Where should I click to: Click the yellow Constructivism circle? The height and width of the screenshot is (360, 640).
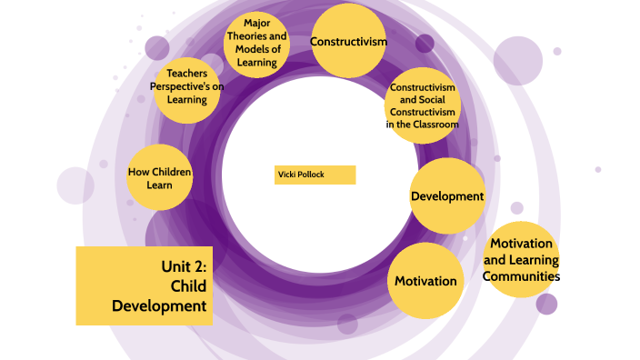pyautogui.click(x=349, y=41)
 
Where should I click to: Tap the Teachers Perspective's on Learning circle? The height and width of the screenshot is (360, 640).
pyautogui.click(x=187, y=88)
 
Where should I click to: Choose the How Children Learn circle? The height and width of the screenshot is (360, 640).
pyautogui.click(x=161, y=178)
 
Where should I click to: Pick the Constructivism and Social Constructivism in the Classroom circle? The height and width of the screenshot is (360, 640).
pyautogui.click(x=422, y=106)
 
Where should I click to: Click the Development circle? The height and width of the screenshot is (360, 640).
pyautogui.click(x=446, y=196)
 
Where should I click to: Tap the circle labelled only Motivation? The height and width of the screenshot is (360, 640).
pyautogui.click(x=425, y=281)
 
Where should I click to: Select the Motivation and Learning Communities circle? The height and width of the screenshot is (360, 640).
pyautogui.click(x=521, y=259)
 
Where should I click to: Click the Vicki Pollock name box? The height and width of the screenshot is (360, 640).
pyautogui.click(x=315, y=175)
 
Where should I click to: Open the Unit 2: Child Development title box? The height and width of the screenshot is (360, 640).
pyautogui.click(x=145, y=285)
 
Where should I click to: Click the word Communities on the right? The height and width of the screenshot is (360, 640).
pyautogui.click(x=521, y=275)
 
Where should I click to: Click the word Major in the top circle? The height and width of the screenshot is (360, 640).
pyautogui.click(x=256, y=23)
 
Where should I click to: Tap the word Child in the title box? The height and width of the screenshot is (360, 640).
pyautogui.click(x=189, y=285)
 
